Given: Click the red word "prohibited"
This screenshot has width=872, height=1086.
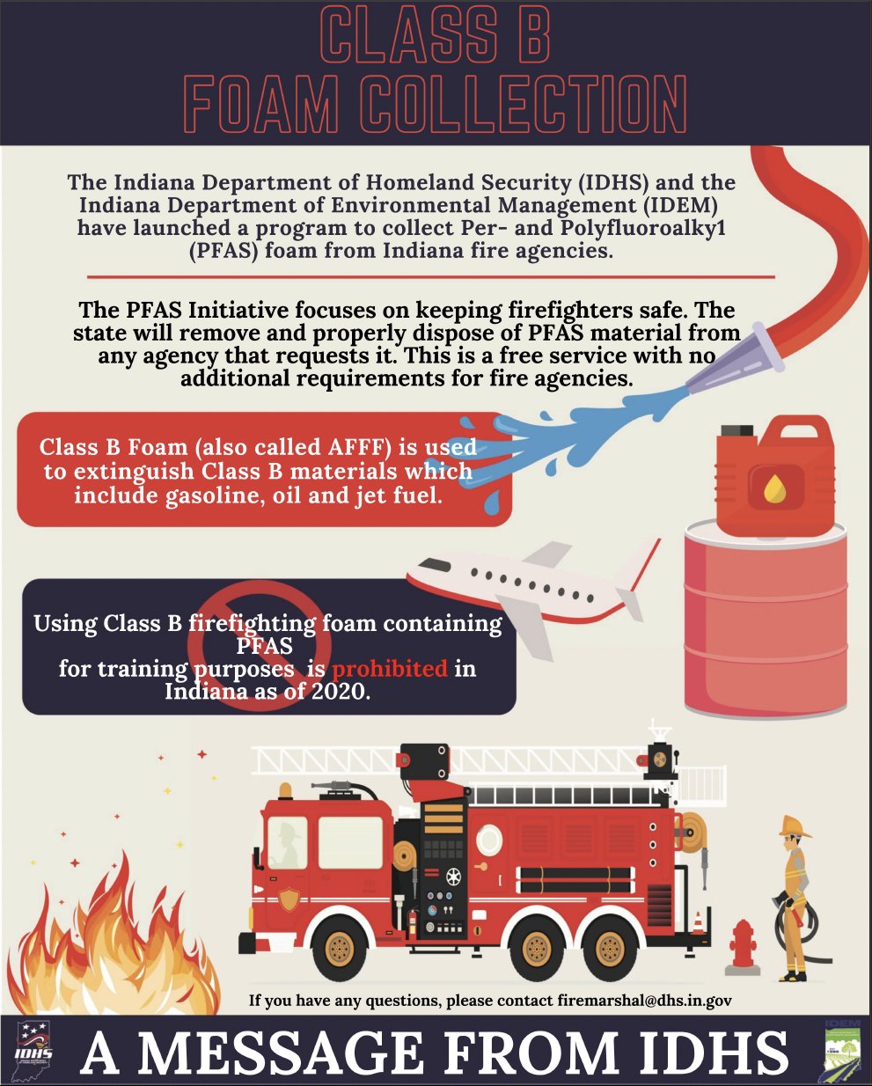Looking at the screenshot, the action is [390, 669].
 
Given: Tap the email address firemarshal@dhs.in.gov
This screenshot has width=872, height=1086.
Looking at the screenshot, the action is [645, 1001].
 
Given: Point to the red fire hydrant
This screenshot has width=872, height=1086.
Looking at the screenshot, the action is [743, 947].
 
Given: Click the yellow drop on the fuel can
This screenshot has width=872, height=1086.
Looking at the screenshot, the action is [775, 488].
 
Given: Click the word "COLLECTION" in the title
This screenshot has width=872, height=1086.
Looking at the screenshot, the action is [523, 105].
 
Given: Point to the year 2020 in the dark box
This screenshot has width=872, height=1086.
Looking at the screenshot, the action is [336, 692].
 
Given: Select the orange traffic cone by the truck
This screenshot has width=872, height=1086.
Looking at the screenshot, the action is [698, 921].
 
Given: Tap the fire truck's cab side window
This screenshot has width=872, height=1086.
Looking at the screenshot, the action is [350, 843].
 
